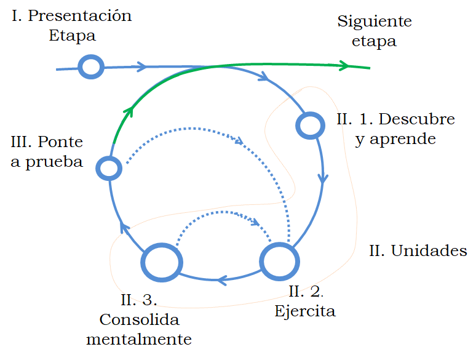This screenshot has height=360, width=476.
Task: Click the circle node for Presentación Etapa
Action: click(91, 66)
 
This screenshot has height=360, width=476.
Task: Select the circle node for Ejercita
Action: click(280, 261)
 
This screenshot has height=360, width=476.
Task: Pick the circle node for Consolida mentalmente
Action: click(162, 262)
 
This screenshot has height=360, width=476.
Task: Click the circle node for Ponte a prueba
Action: click(109, 167)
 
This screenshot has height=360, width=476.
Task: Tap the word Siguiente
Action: click(375, 22)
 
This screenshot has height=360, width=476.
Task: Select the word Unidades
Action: click(429, 251)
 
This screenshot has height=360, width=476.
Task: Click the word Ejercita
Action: click(305, 311)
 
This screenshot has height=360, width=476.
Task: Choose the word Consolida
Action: click(139, 320)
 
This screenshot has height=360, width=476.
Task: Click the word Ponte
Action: click(60, 142)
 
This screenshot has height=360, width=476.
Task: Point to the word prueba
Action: click(55, 162)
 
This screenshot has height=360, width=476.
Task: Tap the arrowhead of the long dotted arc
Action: click(239, 141)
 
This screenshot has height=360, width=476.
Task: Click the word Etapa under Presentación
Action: click(72, 36)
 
